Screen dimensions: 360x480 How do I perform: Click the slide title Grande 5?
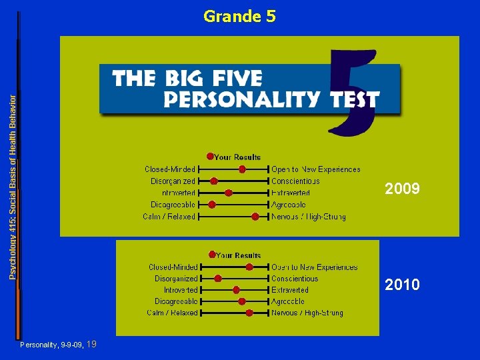pyautogui.click(x=239, y=16)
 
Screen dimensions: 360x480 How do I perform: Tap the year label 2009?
pyautogui.click(x=402, y=189)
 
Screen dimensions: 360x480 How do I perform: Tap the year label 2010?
pyautogui.click(x=402, y=285)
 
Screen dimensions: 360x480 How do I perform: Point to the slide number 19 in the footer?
pyautogui.click(x=92, y=344)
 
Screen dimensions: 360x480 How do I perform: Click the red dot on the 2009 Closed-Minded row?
pyautogui.click(x=243, y=169)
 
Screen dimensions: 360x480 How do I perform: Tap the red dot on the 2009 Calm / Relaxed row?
pyautogui.click(x=255, y=217)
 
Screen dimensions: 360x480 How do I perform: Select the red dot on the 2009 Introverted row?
pyautogui.click(x=229, y=193)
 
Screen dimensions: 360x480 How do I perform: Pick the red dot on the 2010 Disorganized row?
pyautogui.click(x=218, y=279)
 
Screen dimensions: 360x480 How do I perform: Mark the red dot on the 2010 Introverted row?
pyautogui.click(x=237, y=290)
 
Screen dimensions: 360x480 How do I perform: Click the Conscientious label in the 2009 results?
pyautogui.click(x=295, y=181)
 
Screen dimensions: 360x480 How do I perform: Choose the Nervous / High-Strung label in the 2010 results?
pyautogui.click(x=307, y=313)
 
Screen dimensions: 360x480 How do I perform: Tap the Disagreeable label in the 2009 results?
pyautogui.click(x=173, y=205)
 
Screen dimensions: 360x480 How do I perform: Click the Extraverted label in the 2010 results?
pyautogui.click(x=290, y=290)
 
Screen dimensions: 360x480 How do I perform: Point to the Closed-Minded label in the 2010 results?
pyautogui.click(x=173, y=267)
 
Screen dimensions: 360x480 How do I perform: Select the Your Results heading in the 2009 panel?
pyautogui.click(x=238, y=157)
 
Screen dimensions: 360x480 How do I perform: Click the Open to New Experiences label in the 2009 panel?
pyautogui.click(x=316, y=169)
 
